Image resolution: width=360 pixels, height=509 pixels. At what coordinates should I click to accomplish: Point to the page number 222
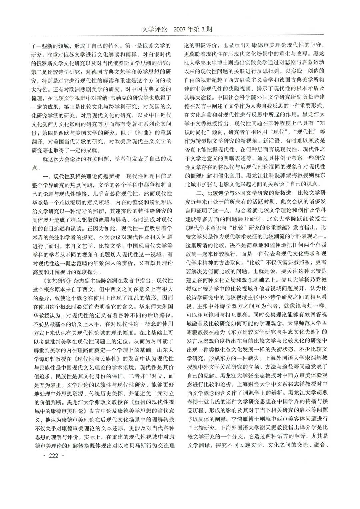pos(53,456)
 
